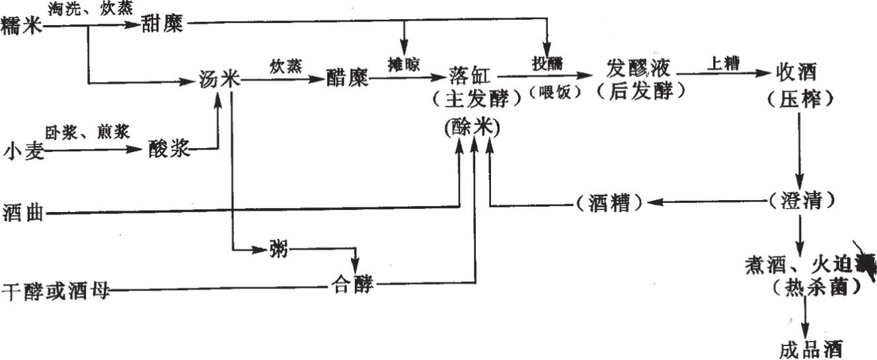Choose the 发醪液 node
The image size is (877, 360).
click(x=638, y=68)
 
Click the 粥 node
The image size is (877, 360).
click(x=278, y=250)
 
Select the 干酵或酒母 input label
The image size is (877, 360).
click(x=56, y=290)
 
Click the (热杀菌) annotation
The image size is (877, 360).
click(x=808, y=287)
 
